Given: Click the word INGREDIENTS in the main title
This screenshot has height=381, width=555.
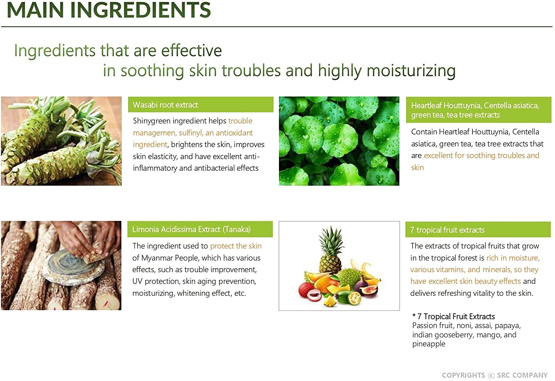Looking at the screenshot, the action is [x=141, y=10].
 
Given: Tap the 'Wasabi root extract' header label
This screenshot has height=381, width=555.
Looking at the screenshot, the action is [x=165, y=105].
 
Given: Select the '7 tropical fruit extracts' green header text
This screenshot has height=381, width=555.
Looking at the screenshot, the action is [x=447, y=230].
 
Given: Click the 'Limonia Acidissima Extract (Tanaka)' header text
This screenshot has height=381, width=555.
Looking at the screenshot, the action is [x=191, y=229].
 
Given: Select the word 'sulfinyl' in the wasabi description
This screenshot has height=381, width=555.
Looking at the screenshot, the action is [x=190, y=133].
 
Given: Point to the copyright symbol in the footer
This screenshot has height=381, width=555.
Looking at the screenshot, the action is [x=491, y=375].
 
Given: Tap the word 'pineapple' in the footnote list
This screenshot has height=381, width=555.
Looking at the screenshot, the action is [x=428, y=344].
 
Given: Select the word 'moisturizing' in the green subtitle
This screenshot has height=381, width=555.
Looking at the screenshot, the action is [x=411, y=71].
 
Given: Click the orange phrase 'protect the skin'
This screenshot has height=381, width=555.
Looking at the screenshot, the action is [x=236, y=246].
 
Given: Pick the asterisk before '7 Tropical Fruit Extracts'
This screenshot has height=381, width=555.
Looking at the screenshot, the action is [x=414, y=315].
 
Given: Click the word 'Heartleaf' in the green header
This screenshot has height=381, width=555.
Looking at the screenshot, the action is [x=426, y=106].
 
